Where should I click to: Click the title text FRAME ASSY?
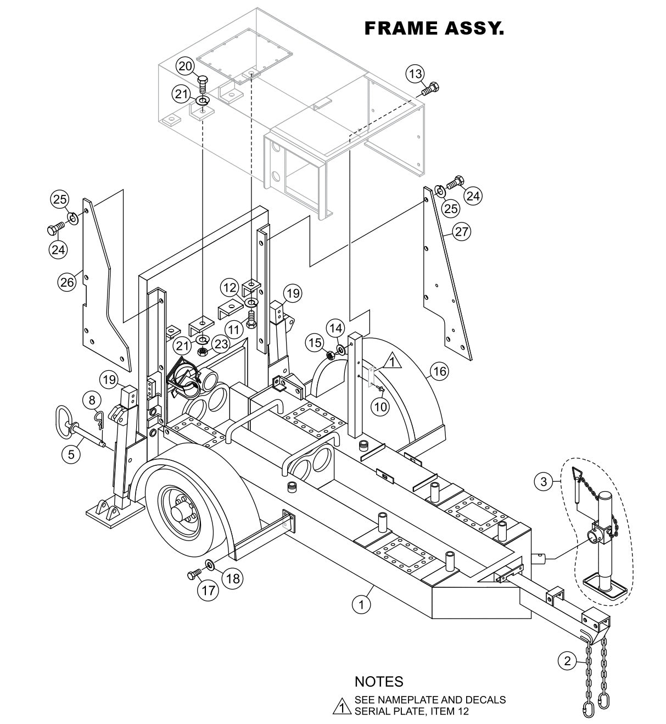tap(434, 29)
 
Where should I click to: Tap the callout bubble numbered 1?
tap(361, 605)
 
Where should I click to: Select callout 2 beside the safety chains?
tap(543, 482)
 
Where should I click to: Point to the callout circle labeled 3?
tap(543, 482)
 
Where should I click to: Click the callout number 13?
tap(416, 74)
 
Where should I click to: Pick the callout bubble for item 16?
tap(439, 371)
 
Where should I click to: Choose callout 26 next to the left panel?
tap(67, 282)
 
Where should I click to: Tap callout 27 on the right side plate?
tap(462, 231)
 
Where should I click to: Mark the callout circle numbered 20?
tap(185, 66)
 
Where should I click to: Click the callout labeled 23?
tap(220, 344)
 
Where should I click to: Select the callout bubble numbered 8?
tap(92, 399)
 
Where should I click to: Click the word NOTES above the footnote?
tap(378, 682)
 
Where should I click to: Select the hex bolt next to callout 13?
tap(432, 87)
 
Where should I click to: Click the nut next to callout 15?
tap(331, 355)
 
